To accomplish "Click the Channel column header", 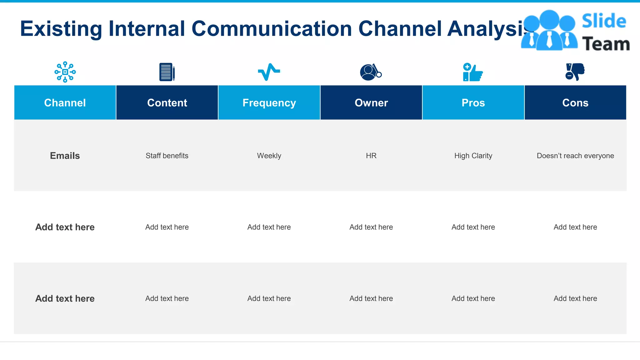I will [x=65, y=103].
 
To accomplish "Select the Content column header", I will [x=167, y=103].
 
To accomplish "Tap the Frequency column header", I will [x=269, y=103].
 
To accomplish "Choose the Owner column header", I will [x=371, y=103].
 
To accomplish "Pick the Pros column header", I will [x=473, y=103].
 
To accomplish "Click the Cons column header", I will [x=575, y=103].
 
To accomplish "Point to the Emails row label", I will [x=65, y=156].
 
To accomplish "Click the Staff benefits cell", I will [x=167, y=156].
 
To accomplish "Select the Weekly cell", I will [x=269, y=156].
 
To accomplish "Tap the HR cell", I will [x=371, y=156].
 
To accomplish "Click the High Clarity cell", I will [x=473, y=156].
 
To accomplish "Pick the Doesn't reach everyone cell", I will [x=575, y=156].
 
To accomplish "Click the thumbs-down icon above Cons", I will [x=575, y=72].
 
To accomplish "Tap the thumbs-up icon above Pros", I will [x=473, y=72].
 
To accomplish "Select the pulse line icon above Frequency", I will [x=269, y=72].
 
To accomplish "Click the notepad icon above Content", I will [x=167, y=72].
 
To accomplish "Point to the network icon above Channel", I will [x=65, y=72].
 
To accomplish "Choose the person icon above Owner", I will [x=371, y=72].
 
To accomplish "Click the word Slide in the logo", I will [x=604, y=21].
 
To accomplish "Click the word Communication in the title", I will [x=272, y=29].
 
